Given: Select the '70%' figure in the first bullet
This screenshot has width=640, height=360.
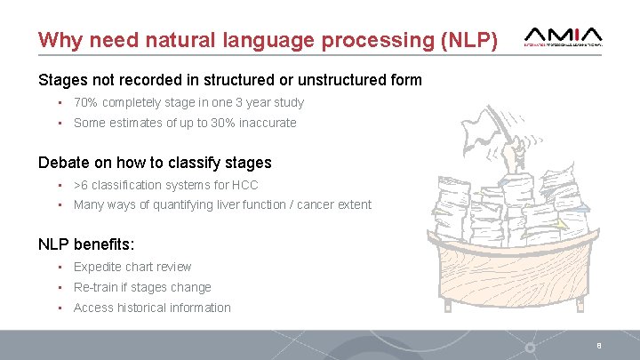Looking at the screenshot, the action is pos(85,102).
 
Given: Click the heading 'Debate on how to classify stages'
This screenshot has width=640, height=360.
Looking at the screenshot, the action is pos(155,163).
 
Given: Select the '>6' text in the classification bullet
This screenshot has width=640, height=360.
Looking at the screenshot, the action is pos(81,185).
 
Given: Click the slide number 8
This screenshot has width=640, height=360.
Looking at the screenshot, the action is pos(599,346).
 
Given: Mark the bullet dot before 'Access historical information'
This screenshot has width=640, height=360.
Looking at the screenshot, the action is pos(58,308).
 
